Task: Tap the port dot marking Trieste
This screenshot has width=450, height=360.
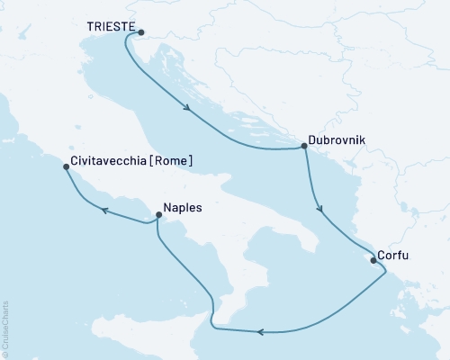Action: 141,32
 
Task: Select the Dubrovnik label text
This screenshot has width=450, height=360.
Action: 338,141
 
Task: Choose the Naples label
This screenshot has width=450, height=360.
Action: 183,206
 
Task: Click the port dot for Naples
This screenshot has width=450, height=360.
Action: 159,215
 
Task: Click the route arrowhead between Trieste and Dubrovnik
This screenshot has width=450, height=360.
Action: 188,110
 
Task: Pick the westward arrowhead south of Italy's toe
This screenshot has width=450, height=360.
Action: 260,333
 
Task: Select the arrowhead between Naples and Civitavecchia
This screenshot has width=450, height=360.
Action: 103,211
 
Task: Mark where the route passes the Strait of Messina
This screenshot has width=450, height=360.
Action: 212,310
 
